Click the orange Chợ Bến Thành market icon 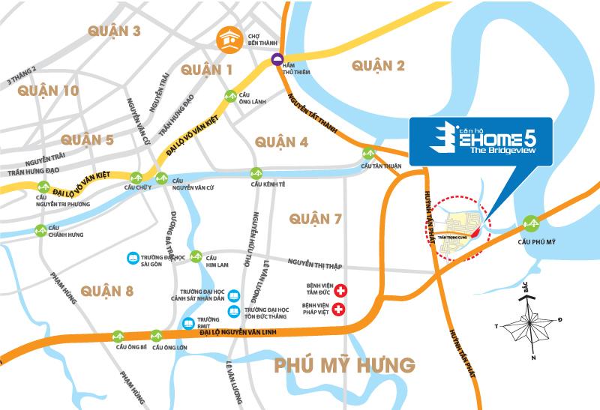pyautogui.click(x=229, y=39)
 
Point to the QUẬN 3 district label pyautogui.click(x=114, y=31)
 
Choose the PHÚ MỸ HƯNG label pyautogui.click(x=344, y=365)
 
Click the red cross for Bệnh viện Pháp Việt pyautogui.click(x=340, y=309)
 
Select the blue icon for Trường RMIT pyautogui.click(x=189, y=323)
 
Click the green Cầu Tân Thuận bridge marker pyautogui.click(x=369, y=150)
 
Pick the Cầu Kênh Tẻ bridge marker pyautogui.click(x=256, y=172)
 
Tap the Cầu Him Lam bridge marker pyautogui.click(x=196, y=256)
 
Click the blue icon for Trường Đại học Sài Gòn pyautogui.click(x=132, y=257)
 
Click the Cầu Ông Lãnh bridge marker pyautogui.click(x=232, y=96)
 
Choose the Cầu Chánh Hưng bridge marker pyautogui.click(x=40, y=230)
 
